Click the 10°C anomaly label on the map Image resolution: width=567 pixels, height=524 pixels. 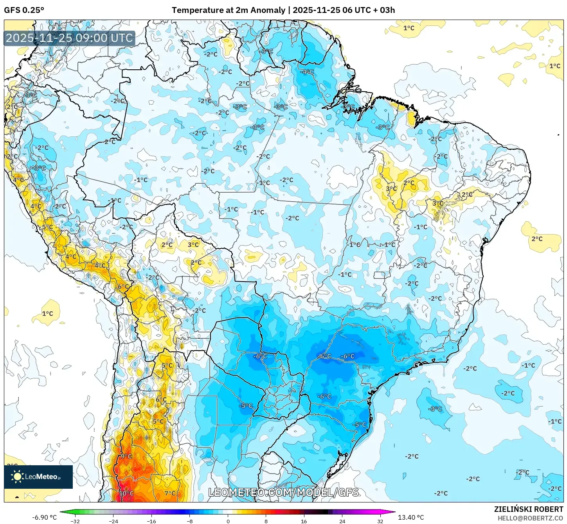point(126,493)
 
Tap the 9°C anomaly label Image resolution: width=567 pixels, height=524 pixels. point(126,456)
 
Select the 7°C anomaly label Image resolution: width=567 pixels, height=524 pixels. point(170,493)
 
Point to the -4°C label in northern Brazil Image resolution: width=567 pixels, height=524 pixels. point(307,72)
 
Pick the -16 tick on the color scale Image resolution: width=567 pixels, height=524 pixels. point(151,521)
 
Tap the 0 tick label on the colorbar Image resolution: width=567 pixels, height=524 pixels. point(228,521)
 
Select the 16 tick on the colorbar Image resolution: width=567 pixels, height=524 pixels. point(304,521)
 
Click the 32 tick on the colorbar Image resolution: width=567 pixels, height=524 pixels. point(380,521)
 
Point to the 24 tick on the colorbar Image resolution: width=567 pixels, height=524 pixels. point(342,521)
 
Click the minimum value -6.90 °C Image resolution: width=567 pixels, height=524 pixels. point(44,517)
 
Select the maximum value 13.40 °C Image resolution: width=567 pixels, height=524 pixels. point(411,517)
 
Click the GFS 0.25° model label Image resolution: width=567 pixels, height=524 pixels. point(24,10)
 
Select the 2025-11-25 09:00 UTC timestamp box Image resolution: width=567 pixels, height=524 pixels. point(69,38)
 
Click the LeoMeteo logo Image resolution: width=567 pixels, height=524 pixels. point(38,477)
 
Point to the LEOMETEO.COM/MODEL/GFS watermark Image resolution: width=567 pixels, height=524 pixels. point(283,492)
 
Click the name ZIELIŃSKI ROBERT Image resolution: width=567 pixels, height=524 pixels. point(528,509)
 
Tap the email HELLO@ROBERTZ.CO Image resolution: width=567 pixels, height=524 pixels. point(530,518)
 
